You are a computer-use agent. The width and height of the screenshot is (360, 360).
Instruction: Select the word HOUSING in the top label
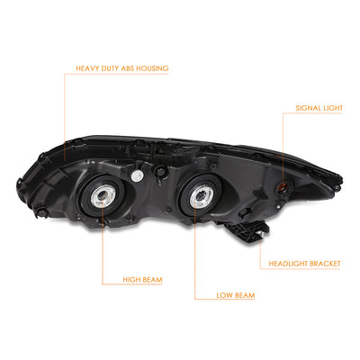pos(151,68)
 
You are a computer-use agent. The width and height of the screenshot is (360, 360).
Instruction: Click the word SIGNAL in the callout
pos(307,108)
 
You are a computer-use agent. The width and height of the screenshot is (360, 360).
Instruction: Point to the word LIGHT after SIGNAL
pos(331,108)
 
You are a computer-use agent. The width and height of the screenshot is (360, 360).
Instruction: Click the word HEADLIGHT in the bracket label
pos(287,264)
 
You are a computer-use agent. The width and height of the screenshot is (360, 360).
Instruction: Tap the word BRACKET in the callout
pos(325,264)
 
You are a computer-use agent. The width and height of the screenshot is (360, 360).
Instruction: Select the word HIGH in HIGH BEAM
pos(130,280)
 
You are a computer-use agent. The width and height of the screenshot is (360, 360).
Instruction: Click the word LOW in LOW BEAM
pos(224,295)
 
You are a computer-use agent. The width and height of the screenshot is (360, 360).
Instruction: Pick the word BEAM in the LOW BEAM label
pos(244,295)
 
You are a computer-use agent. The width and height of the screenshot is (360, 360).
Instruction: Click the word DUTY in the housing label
pos(108,68)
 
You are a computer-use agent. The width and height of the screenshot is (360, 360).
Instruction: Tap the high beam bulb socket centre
pos(101,196)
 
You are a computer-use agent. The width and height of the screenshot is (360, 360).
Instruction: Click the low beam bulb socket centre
pos(199,196)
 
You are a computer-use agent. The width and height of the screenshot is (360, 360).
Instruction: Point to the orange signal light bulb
pos(282,188)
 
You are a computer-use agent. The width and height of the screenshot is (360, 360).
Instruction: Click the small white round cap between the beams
pos(136,175)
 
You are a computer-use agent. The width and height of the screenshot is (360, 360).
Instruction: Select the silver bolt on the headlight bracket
pos(260,234)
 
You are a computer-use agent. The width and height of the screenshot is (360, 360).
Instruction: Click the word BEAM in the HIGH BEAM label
pos(152,280)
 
